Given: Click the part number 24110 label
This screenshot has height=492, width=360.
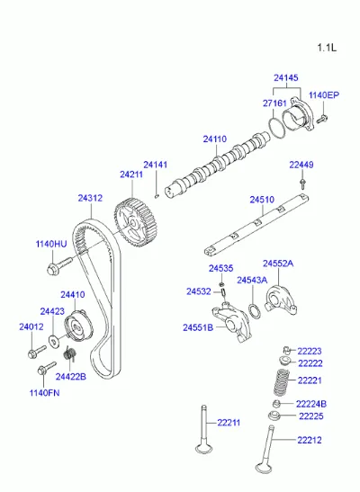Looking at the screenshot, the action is pyautogui.click(x=215, y=139).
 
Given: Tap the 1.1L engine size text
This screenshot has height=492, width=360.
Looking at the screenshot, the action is pyautogui.click(x=327, y=48).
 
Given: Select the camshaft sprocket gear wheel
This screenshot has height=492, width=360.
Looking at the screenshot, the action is pyautogui.click(x=135, y=222).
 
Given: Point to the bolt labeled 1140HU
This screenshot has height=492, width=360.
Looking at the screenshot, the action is pyautogui.click(x=59, y=265).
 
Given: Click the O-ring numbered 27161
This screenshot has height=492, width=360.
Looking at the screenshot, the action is pyautogui.click(x=277, y=127).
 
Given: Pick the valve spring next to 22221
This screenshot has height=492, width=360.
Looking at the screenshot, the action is pyautogui.click(x=281, y=382).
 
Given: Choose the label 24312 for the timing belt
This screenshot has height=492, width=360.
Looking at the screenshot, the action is pyautogui.click(x=90, y=198).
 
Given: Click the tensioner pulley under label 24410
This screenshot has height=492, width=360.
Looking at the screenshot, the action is pyautogui.click(x=78, y=327).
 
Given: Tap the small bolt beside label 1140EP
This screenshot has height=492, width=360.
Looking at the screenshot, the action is pyautogui.click(x=321, y=119).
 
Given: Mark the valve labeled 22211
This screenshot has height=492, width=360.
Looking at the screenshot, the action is pyautogui.click(x=204, y=429).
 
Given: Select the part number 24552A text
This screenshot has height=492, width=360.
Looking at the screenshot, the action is pyautogui.click(x=278, y=264).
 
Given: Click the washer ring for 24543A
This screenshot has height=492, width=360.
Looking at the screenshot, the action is pyautogui.click(x=255, y=311).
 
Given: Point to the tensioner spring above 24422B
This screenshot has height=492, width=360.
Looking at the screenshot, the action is pyautogui.click(x=70, y=353).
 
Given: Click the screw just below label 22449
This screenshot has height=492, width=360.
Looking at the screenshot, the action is pyautogui.click(x=302, y=183).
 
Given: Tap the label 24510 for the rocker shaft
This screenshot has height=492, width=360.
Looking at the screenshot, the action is pyautogui.click(x=262, y=200).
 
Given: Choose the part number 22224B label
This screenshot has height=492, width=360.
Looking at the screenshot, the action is pyautogui.click(x=311, y=404).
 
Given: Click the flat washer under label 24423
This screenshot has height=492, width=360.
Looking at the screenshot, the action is pyautogui.click(x=54, y=340).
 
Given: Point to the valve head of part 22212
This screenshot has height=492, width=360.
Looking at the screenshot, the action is pyautogui.click(x=263, y=468).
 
